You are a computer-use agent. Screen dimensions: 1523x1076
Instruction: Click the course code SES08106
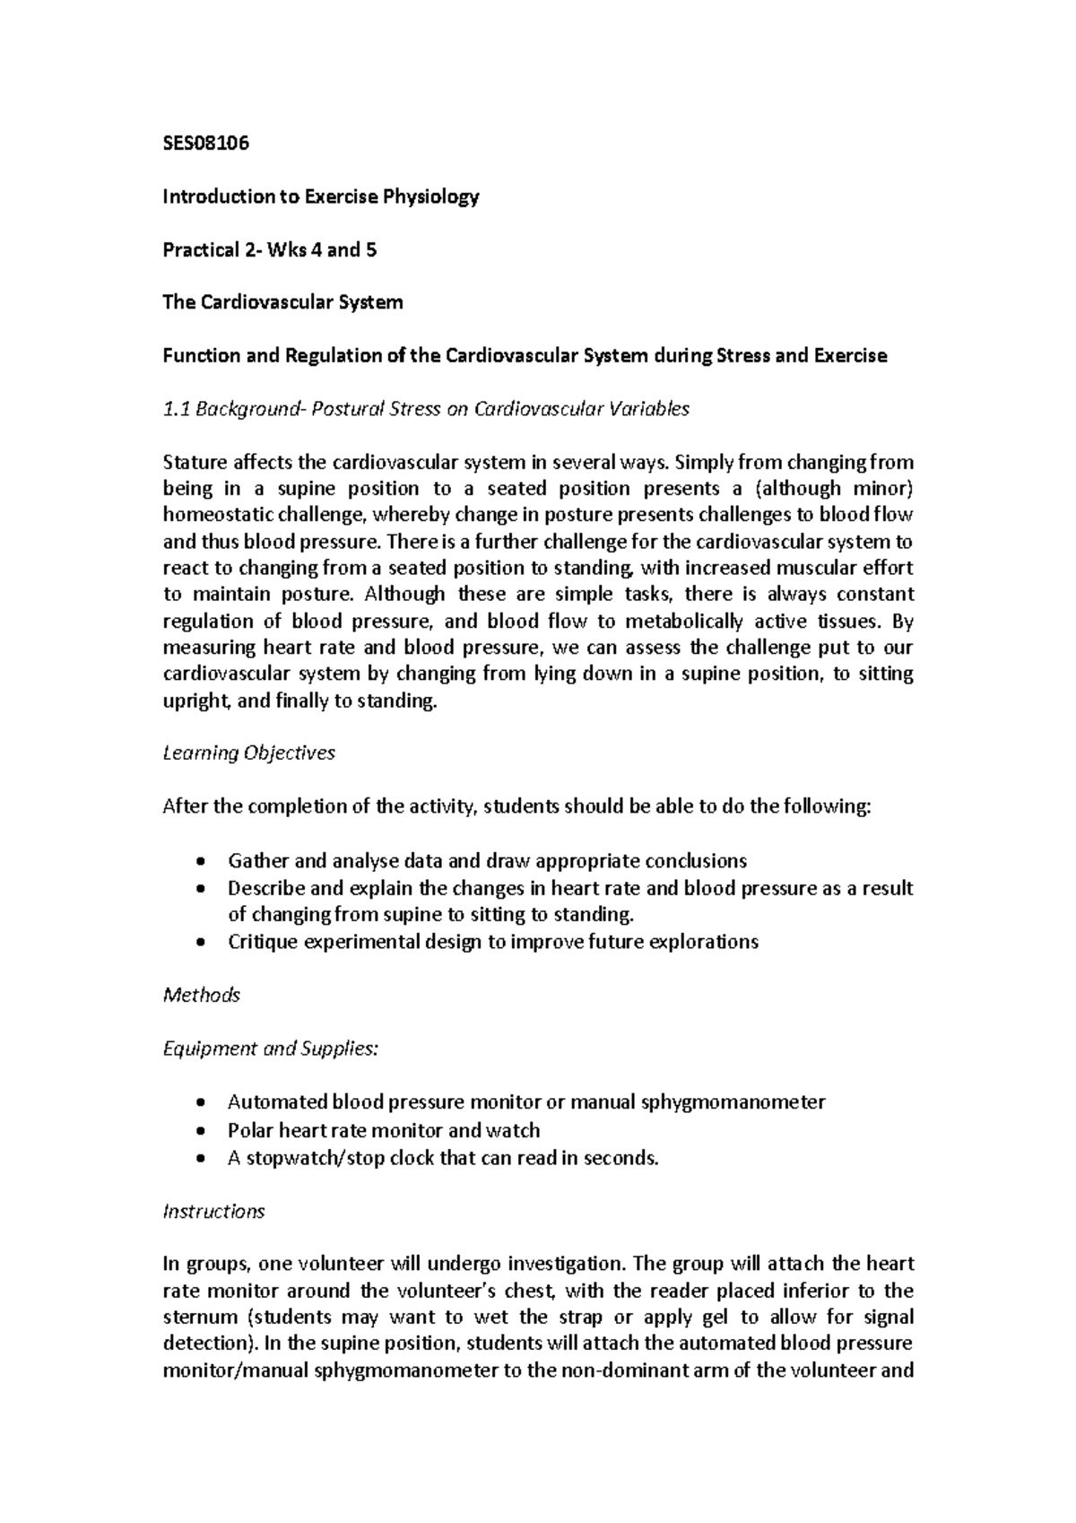pyautogui.click(x=205, y=144)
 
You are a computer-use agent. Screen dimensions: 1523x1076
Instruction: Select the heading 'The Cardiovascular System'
pyautogui.click(x=282, y=302)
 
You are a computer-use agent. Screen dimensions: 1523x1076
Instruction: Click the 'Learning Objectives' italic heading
pyautogui.click(x=248, y=753)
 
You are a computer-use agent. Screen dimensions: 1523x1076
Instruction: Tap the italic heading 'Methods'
pyautogui.click(x=201, y=995)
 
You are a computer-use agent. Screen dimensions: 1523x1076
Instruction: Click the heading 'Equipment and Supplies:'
pyautogui.click(x=270, y=1049)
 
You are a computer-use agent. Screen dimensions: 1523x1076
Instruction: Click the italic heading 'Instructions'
pyautogui.click(x=213, y=1211)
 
